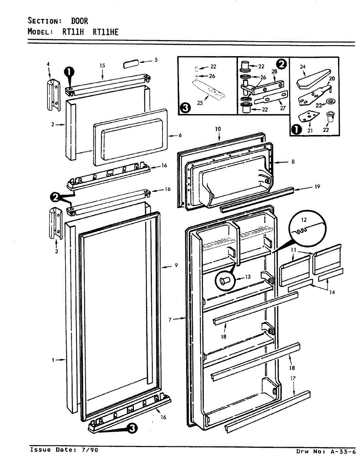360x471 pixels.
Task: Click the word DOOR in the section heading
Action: [79, 21]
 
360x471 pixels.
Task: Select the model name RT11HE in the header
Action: [105, 32]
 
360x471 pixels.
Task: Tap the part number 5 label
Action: [156, 60]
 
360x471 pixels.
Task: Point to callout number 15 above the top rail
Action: [102, 66]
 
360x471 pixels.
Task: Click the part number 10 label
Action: [218, 129]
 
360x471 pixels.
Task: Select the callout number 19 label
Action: [317, 187]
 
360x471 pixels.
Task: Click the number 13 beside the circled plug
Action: [247, 277]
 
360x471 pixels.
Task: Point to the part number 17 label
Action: [292, 379]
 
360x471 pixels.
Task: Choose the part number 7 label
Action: [170, 320]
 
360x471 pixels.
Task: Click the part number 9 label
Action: [176, 265]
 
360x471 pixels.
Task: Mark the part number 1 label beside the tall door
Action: [53, 360]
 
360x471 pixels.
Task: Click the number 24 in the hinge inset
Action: [303, 67]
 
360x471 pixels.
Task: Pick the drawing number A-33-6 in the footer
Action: [342, 452]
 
